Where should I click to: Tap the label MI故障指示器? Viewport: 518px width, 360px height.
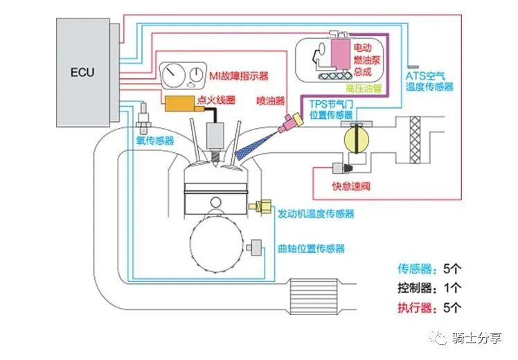click(x=238, y=75)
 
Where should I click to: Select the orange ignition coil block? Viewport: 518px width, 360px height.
click(x=179, y=103)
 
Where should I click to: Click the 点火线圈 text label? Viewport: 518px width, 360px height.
click(x=217, y=101)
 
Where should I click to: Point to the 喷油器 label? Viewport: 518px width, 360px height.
click(x=270, y=100)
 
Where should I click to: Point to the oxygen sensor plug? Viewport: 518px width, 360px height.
click(x=144, y=119)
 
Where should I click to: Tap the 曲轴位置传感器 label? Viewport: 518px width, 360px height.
click(x=311, y=249)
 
